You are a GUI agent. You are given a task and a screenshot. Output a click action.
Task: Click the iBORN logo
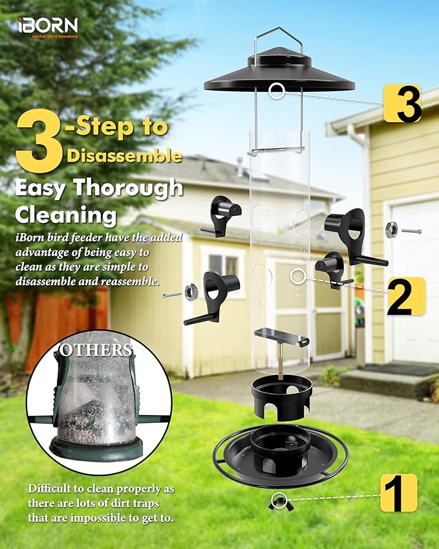tap(48, 27)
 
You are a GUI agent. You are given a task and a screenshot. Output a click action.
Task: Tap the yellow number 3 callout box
tap(402, 103)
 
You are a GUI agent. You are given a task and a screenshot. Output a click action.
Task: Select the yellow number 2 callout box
tap(405, 296)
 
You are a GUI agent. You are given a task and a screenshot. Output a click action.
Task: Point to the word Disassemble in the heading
tap(123, 155)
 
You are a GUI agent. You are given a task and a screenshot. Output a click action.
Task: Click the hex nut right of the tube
tap(392, 229)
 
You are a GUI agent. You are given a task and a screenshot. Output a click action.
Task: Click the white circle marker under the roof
tap(277, 91)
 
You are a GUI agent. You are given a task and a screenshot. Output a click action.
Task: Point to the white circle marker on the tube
tap(297, 276)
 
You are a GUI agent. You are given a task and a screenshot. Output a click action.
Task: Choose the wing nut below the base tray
tap(279, 499)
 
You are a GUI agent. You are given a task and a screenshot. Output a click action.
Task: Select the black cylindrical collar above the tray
tap(281, 397)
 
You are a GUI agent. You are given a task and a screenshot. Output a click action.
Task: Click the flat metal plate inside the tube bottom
tap(281, 336)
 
